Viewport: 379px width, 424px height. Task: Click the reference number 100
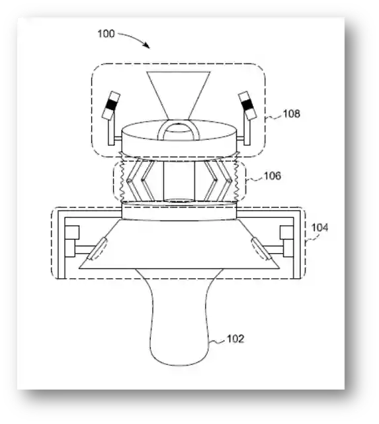tap(106, 34)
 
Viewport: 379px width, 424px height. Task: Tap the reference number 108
tap(291, 113)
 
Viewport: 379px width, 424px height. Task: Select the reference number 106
tap(273, 176)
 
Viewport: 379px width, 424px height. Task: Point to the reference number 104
tap(320, 227)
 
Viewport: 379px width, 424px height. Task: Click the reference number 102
tap(235, 339)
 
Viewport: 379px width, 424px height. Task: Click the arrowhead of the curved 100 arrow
tap(147, 46)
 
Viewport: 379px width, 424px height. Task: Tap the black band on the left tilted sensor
tap(111, 105)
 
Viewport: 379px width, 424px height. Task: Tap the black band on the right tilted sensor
tap(246, 105)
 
